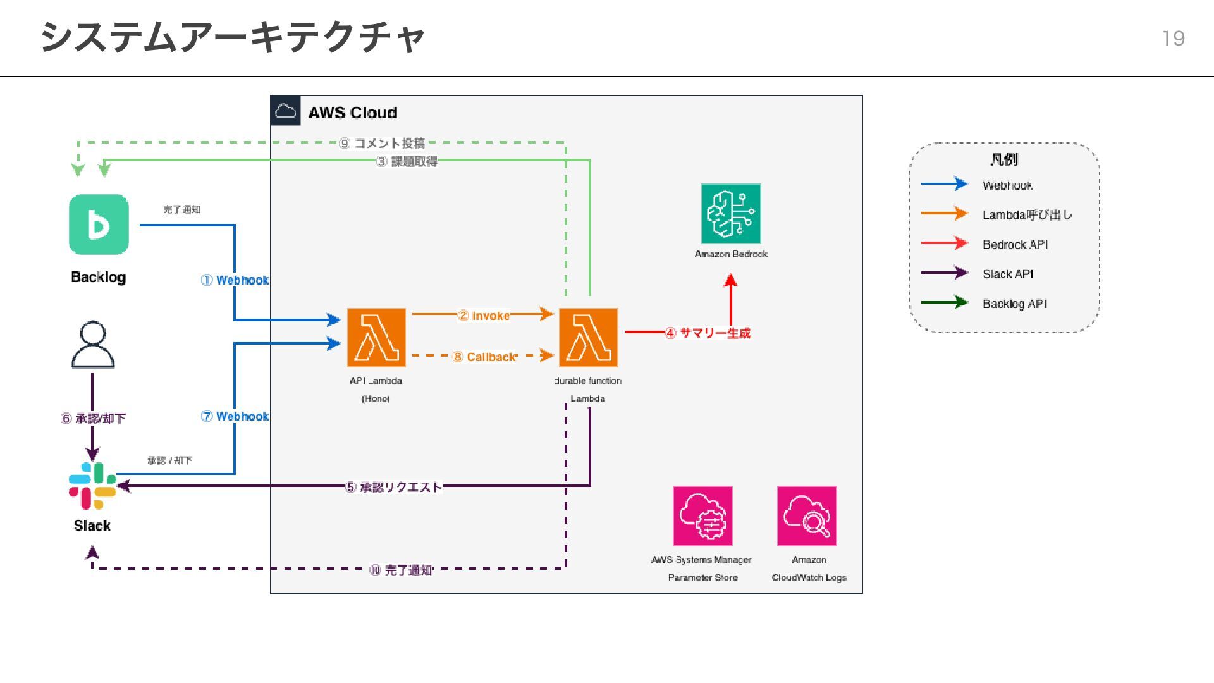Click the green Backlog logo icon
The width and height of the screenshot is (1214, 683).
click(x=99, y=225)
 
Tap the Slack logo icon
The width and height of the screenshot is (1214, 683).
click(x=93, y=486)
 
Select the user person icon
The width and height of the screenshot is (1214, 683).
click(x=92, y=345)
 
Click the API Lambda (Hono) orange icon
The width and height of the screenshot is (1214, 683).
click(x=376, y=338)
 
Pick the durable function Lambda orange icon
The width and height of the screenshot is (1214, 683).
click(x=588, y=338)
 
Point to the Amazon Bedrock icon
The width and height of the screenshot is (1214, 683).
click(x=731, y=214)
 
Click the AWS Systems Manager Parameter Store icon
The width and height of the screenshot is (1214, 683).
click(x=702, y=516)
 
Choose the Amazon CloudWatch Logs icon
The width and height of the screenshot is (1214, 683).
click(x=807, y=516)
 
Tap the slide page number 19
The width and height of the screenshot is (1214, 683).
click(x=1174, y=39)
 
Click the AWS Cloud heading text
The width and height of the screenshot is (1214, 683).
click(x=353, y=113)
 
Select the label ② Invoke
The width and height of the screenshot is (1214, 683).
click(x=484, y=316)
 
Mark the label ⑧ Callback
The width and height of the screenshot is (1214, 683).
click(x=485, y=357)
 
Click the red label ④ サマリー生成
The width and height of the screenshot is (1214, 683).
click(x=708, y=333)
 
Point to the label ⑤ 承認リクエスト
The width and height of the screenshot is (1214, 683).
click(x=393, y=487)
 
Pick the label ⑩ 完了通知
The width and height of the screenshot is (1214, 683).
click(x=401, y=570)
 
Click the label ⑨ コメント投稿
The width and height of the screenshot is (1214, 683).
click(x=382, y=144)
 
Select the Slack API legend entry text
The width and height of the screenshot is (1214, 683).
click(x=1008, y=274)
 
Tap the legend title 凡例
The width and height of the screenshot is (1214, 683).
click(x=1004, y=159)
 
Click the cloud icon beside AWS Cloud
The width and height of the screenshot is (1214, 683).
click(x=286, y=111)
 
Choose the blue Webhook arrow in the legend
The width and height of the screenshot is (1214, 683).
click(x=944, y=184)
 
